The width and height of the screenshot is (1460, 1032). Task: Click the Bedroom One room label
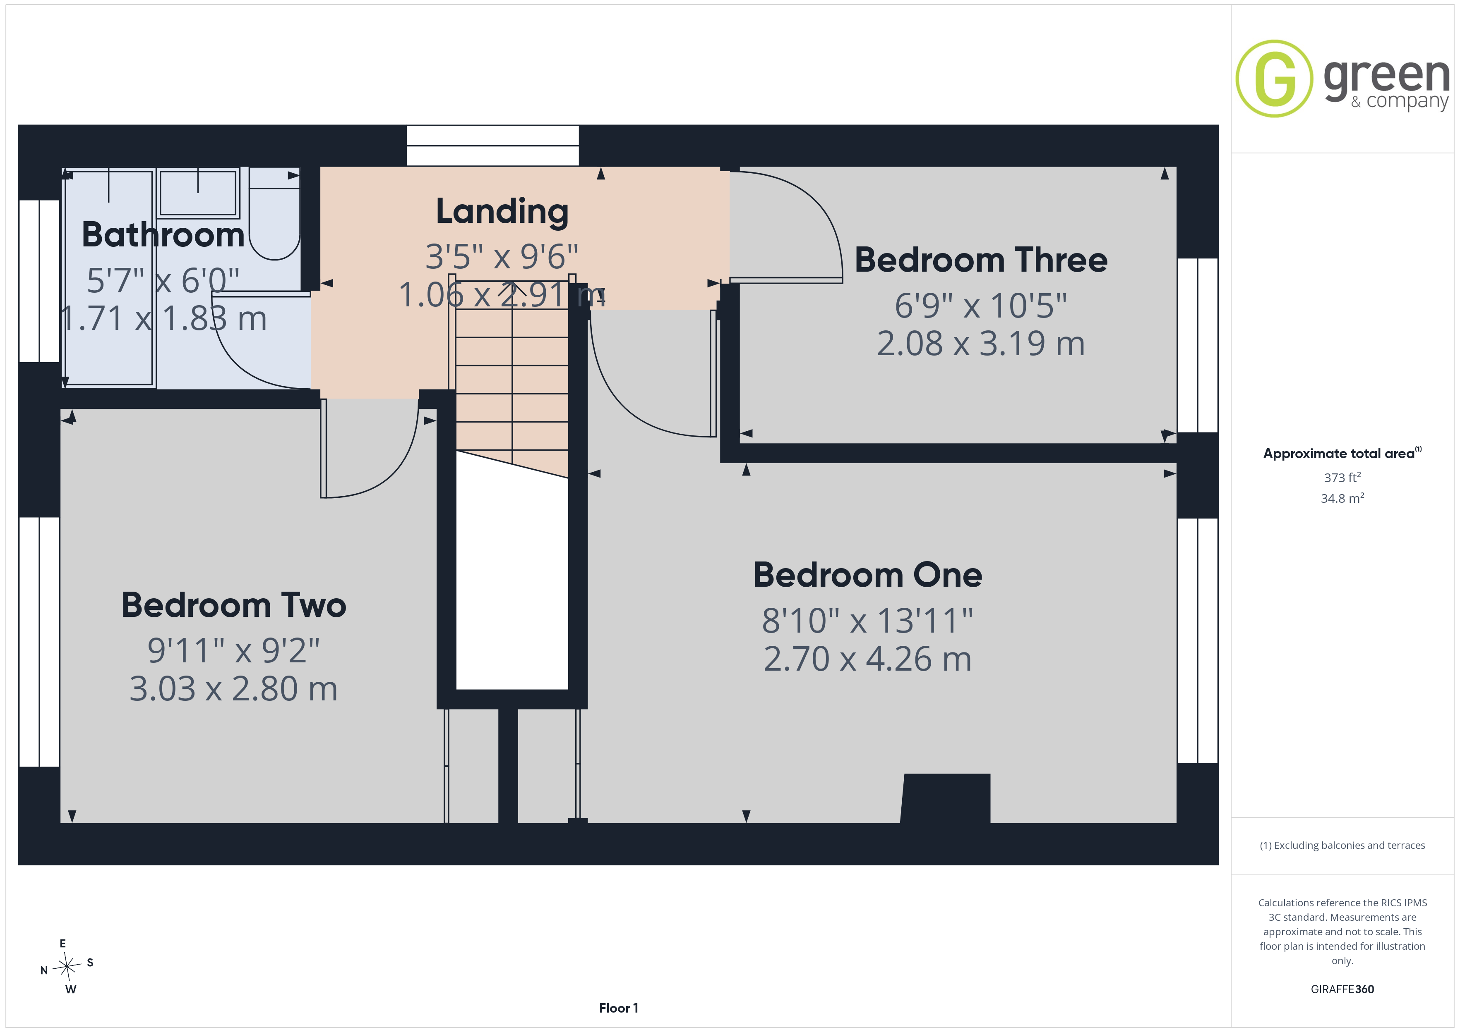867,575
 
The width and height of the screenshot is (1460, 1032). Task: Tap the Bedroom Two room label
234,605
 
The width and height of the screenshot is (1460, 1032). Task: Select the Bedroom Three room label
980,260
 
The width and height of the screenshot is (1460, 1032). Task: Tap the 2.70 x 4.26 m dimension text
867,659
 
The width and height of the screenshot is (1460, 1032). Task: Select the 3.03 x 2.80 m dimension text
233,689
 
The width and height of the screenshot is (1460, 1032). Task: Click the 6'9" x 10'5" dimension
980,306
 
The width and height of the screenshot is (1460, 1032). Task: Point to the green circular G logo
1274,79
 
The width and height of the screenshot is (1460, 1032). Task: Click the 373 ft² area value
1342,477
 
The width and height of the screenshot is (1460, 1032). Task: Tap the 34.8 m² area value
1342,498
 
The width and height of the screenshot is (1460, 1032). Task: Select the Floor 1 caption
618,1008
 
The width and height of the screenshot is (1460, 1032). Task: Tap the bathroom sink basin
198,193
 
